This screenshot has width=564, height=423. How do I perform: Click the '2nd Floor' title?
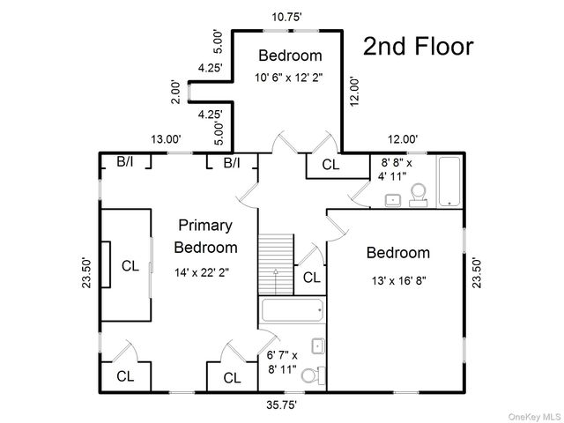[x=419, y=47]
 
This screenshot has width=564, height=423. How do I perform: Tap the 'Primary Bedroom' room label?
[x=205, y=235]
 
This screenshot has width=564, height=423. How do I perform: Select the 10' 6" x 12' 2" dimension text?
[x=290, y=78]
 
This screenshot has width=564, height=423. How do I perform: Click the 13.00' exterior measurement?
[x=166, y=138]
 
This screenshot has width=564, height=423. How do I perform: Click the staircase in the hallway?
[x=276, y=264]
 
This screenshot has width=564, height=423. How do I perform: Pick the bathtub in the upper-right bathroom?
[x=449, y=181]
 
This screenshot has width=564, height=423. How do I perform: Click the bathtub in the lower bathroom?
[x=292, y=311]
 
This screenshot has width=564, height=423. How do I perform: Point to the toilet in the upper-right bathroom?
[x=419, y=192]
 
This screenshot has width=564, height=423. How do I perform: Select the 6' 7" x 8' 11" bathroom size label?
[x=282, y=363]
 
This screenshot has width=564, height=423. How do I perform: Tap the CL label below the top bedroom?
[x=330, y=164]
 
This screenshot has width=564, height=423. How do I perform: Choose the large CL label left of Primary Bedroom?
[x=130, y=264]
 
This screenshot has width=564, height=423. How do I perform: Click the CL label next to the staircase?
[x=312, y=278]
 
